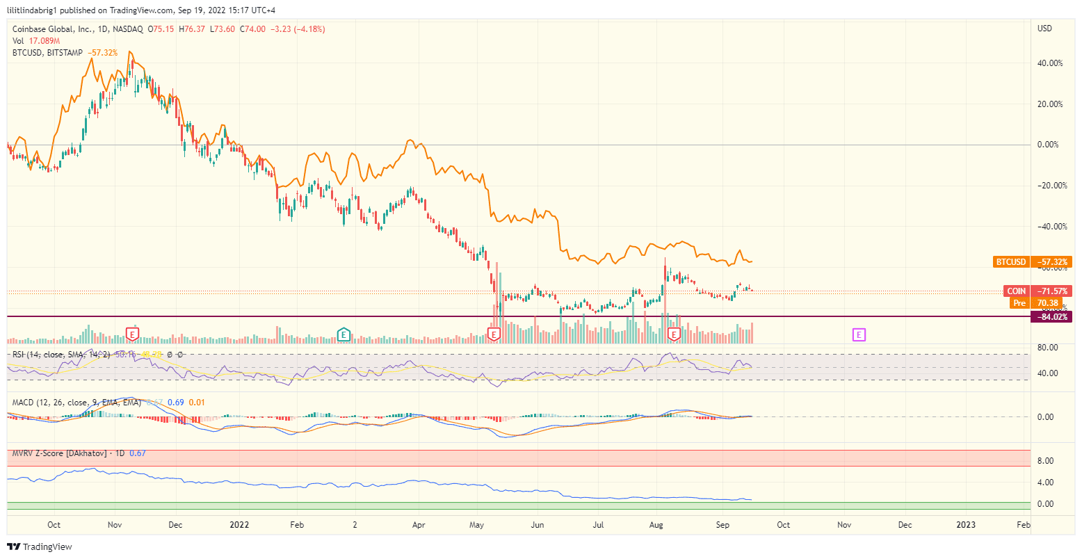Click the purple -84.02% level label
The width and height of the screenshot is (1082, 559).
pos(1051,317)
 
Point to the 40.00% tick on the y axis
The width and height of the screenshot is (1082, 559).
pos(1049,63)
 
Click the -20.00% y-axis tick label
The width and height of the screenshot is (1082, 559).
pos(1049,186)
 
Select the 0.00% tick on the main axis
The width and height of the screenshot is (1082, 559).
pos(1048,145)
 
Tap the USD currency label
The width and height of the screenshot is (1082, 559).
pos(1044,29)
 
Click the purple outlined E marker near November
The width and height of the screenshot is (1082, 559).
pos(859,335)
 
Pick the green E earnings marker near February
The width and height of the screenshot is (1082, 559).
pos(343,335)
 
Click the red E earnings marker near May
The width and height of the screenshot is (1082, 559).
pos(494,335)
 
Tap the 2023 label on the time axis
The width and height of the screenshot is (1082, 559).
pos(966,525)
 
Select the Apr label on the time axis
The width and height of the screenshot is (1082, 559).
pos(419,525)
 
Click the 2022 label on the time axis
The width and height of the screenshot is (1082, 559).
pos(239,525)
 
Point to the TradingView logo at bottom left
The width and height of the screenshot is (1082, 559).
pos(40,547)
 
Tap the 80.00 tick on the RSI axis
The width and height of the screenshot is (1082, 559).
pos(1047,348)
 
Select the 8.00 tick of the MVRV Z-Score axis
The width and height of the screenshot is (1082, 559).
pos(1045,461)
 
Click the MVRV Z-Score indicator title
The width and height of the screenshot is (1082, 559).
pos(59,453)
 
